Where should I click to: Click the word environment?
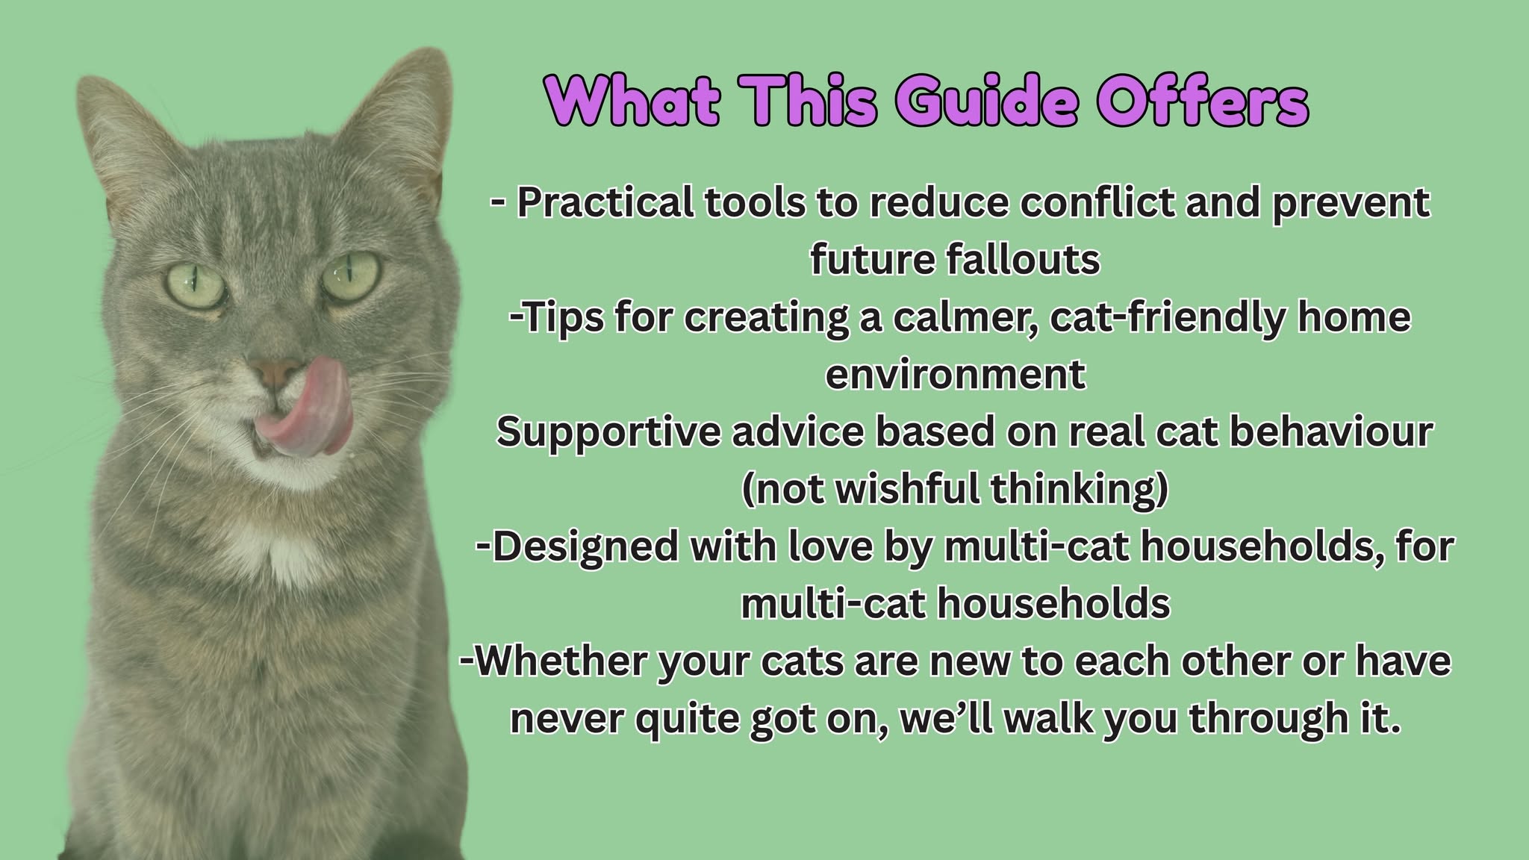tap(955, 374)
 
